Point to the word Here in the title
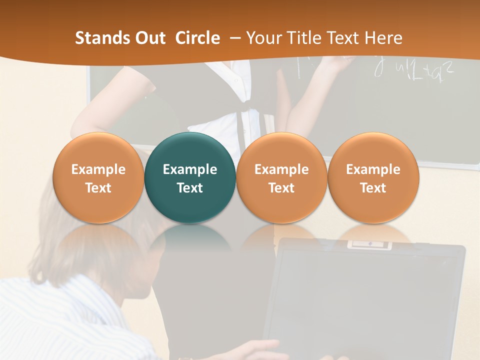click(383, 38)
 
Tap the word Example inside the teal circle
click(190, 169)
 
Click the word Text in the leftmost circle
click(98, 188)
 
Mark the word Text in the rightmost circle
click(373, 188)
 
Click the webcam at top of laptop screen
click(369, 244)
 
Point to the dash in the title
click(235, 38)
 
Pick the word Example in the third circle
click(281, 169)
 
